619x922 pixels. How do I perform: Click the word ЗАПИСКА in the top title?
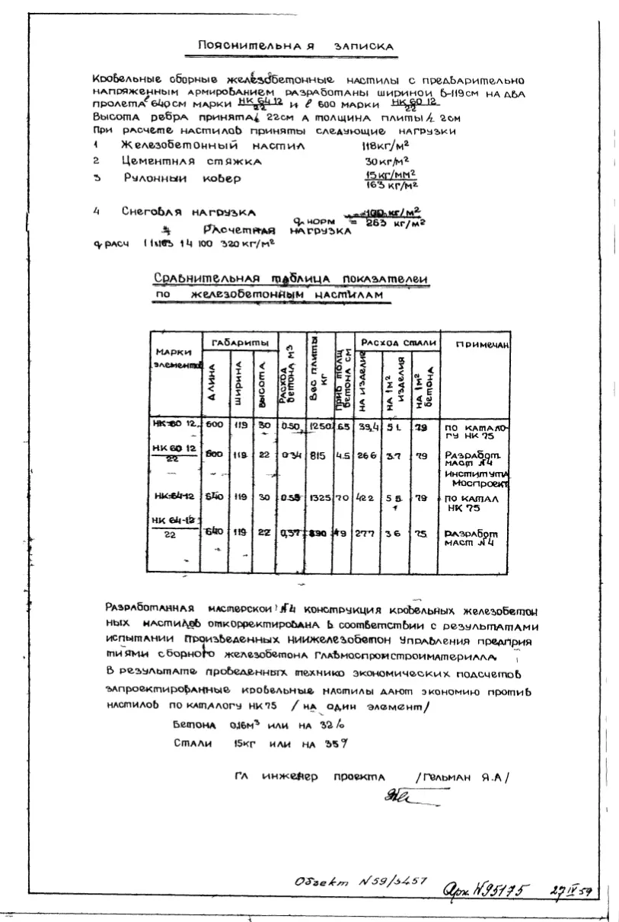367,46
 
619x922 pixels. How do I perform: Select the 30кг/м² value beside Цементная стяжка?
386,161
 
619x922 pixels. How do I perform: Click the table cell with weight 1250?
321,427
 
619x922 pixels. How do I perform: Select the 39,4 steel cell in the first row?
369,427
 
